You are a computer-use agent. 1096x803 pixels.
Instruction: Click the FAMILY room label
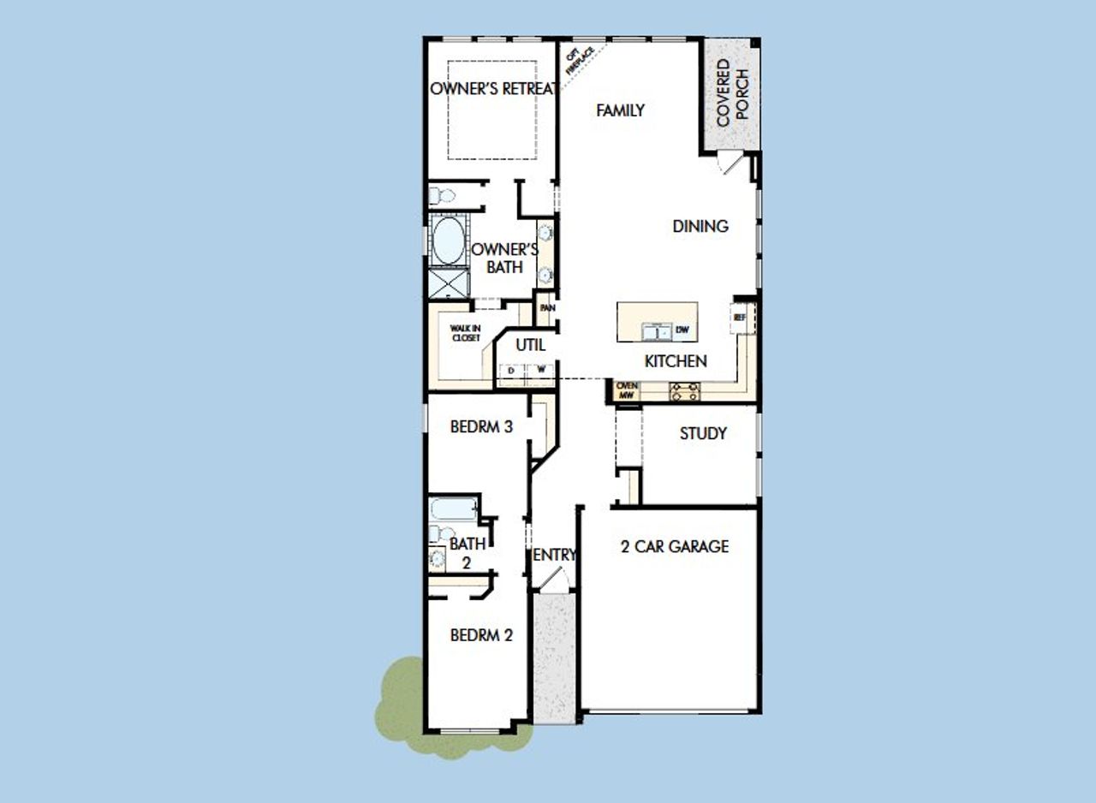point(620,110)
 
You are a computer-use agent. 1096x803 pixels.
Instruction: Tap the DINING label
point(700,227)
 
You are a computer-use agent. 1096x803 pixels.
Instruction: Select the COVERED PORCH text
point(730,92)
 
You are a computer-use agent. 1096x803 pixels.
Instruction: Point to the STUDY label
point(703,434)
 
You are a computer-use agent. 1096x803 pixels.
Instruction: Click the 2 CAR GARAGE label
point(675,546)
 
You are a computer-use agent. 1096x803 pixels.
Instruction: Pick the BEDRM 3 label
point(481,426)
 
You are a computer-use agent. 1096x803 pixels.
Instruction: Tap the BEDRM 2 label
point(481,635)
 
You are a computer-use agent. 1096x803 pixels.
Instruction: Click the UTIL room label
point(531,346)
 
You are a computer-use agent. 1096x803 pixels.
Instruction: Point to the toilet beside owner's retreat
point(442,194)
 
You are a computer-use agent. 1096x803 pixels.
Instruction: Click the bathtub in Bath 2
point(452,511)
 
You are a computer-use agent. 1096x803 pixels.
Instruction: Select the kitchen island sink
point(657,330)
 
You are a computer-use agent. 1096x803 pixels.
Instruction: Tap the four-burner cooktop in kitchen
point(684,392)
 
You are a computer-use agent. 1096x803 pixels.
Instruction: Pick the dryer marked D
point(511,371)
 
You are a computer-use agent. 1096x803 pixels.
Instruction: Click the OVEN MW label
point(627,391)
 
